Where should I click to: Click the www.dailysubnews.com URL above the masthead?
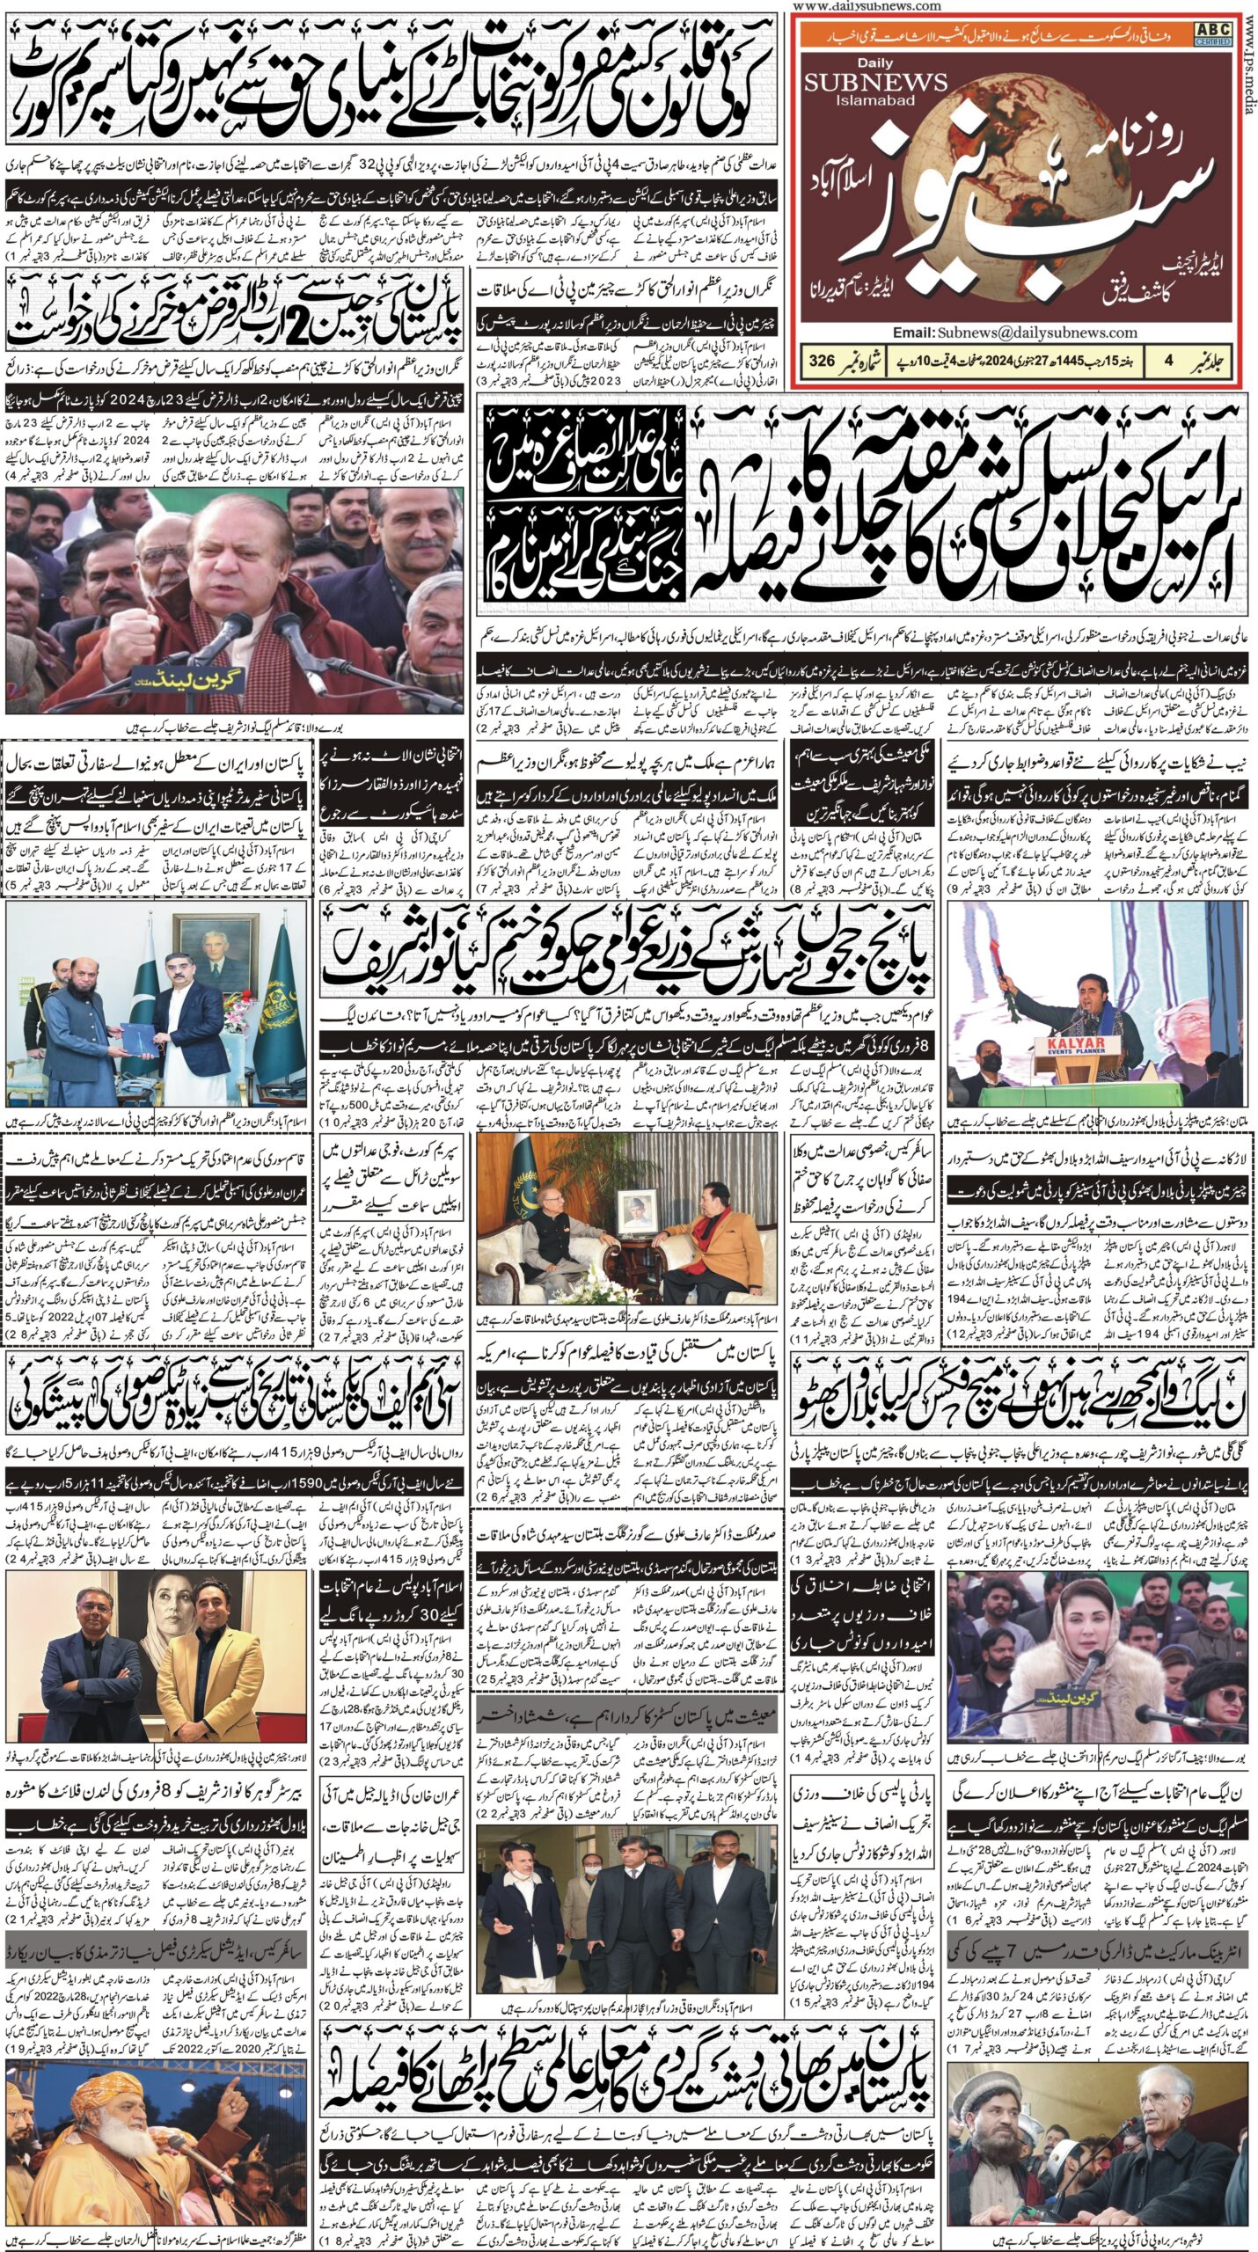[867, 6]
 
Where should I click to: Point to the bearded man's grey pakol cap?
[998, 2088]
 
